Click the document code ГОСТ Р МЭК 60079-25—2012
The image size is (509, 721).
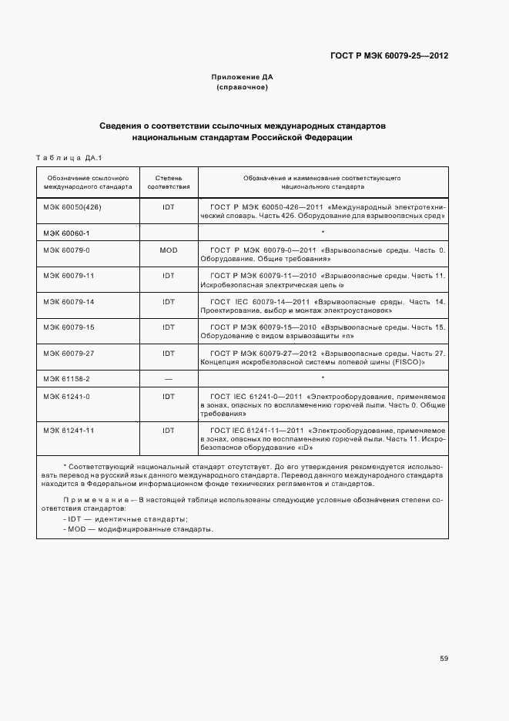click(x=389, y=55)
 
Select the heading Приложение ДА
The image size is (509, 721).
click(x=242, y=77)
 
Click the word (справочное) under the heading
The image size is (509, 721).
click(x=242, y=87)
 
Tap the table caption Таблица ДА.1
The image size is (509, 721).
click(x=69, y=158)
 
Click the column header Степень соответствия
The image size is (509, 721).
click(x=169, y=182)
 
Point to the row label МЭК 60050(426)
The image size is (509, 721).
click(x=72, y=207)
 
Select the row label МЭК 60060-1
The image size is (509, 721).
click(x=66, y=232)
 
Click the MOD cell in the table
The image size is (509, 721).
click(x=169, y=250)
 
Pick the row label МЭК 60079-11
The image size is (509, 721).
click(x=69, y=275)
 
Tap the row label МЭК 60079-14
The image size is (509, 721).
click(x=69, y=301)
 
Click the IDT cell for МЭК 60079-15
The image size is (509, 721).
click(x=169, y=327)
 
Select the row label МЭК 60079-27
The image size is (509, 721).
click(x=69, y=353)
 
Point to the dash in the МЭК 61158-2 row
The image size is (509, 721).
click(x=169, y=378)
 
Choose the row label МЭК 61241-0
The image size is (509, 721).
click(x=66, y=396)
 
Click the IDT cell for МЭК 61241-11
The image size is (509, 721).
click(x=169, y=430)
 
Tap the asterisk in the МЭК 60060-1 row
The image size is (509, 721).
click(x=323, y=232)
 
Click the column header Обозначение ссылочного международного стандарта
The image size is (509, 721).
click(x=88, y=182)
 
